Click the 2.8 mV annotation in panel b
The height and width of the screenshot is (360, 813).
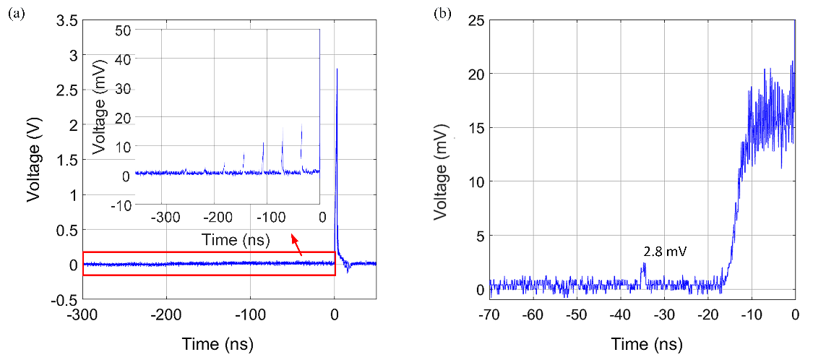(x=665, y=252)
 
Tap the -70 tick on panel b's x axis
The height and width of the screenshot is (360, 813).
(x=489, y=316)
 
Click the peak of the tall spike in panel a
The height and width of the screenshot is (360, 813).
(x=336, y=69)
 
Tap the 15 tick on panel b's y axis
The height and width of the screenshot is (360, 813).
(x=476, y=128)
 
